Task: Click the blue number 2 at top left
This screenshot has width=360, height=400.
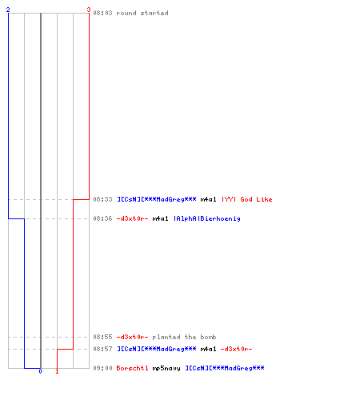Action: (8, 10)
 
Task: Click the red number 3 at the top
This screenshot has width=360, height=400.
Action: (89, 10)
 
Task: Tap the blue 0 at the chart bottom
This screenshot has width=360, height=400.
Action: (40, 371)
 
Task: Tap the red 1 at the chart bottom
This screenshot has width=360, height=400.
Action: (57, 371)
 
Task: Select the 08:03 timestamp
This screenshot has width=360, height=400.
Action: (102, 13)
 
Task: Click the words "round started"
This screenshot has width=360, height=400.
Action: (142, 13)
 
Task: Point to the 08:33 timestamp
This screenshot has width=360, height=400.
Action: (102, 199)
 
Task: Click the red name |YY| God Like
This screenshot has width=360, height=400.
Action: (247, 199)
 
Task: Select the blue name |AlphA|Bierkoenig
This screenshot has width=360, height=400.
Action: (207, 218)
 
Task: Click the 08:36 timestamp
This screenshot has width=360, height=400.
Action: (102, 218)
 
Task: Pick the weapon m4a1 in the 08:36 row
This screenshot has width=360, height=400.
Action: (160, 218)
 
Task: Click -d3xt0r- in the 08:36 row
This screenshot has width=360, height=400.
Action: (132, 218)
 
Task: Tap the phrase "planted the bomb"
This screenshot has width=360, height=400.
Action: (184, 337)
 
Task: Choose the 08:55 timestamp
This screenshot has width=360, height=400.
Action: (102, 337)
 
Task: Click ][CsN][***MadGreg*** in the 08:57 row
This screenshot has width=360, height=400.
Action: (157, 349)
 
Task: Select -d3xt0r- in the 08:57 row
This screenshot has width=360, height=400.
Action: (236, 349)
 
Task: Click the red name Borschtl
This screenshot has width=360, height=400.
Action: (132, 368)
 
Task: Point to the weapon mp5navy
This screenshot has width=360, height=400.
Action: (166, 368)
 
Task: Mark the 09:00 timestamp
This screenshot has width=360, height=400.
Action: (102, 368)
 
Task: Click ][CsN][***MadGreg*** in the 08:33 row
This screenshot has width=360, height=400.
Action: (157, 199)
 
